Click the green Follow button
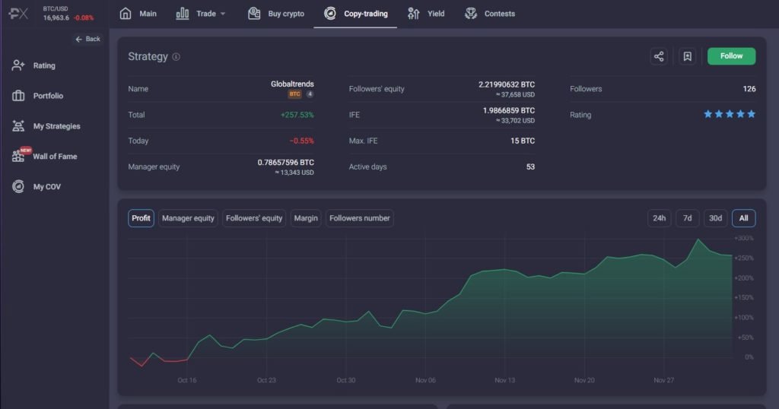(x=731, y=56)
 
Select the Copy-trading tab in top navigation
(x=355, y=14)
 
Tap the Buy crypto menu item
(x=276, y=14)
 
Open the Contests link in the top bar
(x=490, y=14)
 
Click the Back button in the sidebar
(x=87, y=39)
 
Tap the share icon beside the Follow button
(x=659, y=56)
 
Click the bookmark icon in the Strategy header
(x=687, y=56)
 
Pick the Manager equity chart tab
(x=188, y=218)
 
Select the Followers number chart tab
(x=360, y=218)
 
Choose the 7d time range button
(x=687, y=218)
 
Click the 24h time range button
(x=659, y=218)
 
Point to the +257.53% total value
(x=297, y=115)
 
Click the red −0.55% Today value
(x=301, y=141)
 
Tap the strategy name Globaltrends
(x=292, y=84)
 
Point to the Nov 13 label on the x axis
(x=505, y=380)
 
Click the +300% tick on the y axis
(x=743, y=239)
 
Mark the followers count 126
(x=749, y=89)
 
